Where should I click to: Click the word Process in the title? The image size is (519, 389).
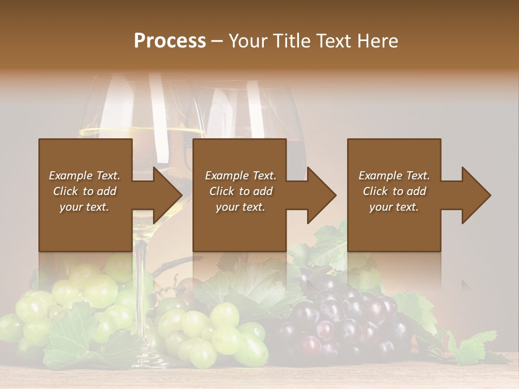point(170,41)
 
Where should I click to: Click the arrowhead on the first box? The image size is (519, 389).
point(168,195)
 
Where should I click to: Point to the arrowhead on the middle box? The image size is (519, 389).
point(322,195)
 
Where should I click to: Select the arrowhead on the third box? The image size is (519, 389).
point(476,195)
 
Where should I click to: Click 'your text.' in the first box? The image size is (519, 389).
point(84,207)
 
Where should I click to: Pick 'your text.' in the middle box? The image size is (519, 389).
point(241,207)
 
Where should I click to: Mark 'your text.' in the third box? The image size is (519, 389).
point(394,207)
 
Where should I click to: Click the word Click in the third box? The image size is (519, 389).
point(375,191)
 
